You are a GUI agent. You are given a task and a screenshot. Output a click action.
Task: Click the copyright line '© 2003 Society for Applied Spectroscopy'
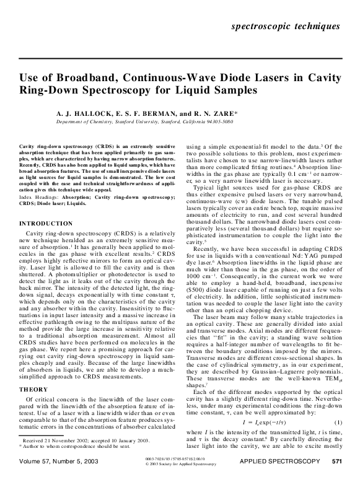[179, 463]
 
